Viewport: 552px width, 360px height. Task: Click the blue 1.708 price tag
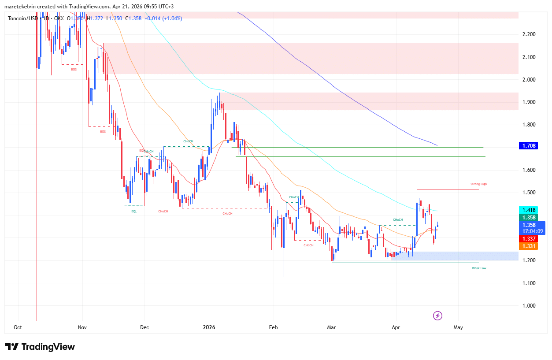[x=528, y=145]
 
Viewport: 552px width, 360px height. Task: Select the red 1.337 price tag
[x=528, y=238]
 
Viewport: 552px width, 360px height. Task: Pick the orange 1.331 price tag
[x=528, y=246]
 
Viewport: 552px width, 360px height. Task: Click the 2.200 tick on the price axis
[x=528, y=34]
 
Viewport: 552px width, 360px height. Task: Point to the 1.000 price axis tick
[x=528, y=306]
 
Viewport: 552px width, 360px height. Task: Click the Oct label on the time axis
[x=18, y=327]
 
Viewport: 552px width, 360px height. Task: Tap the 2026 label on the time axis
[x=209, y=327]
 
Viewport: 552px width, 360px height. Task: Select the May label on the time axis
[x=458, y=327]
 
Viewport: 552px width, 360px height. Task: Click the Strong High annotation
[x=478, y=184]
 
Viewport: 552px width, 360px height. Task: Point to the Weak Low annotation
[x=479, y=268]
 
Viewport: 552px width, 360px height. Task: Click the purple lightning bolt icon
[x=437, y=315]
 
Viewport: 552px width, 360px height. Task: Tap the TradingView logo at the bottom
[x=40, y=347]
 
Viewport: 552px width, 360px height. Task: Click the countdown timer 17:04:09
[x=533, y=231]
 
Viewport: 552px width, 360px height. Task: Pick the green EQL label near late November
[x=134, y=212]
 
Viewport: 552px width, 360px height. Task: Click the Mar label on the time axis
[x=331, y=327]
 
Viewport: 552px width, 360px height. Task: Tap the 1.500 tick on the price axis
[x=528, y=193]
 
